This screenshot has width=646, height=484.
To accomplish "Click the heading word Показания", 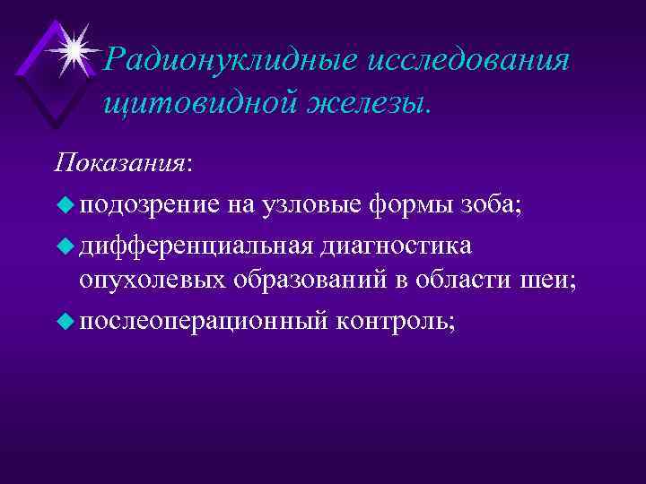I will pos(120,164).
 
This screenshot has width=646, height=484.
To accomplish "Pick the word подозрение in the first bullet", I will pos(147,206).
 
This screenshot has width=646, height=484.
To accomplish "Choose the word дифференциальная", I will pos(196,245).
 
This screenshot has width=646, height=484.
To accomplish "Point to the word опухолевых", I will pos(153,281).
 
